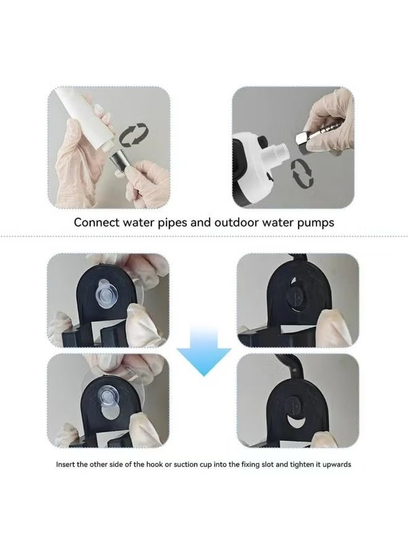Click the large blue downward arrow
point(204,352)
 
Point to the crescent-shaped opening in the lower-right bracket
point(295,423)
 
